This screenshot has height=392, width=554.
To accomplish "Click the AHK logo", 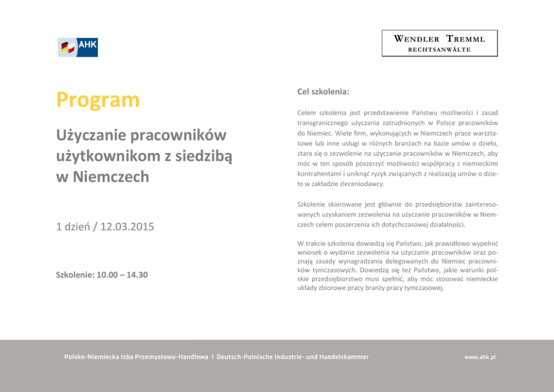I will [78, 47].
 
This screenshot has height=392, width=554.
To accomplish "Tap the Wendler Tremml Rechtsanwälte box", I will [440, 43].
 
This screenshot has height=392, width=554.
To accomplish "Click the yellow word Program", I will [98, 100].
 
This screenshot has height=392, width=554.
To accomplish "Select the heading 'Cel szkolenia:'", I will [323, 91].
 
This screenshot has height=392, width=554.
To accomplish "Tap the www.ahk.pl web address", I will [480, 357].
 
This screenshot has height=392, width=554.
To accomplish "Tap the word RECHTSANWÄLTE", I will [440, 50].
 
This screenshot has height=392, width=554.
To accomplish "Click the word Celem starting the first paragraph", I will [307, 113].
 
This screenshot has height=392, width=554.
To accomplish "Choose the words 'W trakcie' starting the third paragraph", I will [313, 243].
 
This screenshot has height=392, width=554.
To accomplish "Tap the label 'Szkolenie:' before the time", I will [75, 275].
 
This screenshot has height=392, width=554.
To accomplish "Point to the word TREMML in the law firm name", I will [465, 39].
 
